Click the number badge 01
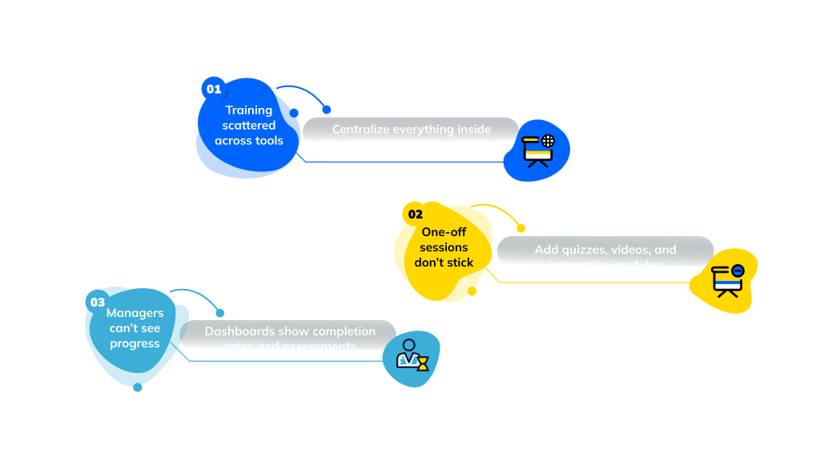click(x=214, y=89)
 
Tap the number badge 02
click(x=415, y=214)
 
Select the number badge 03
click(x=97, y=302)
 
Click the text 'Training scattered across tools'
click(x=248, y=126)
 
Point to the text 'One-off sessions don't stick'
click(x=444, y=247)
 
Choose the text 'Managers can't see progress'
click(x=135, y=328)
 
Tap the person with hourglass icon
click(x=412, y=358)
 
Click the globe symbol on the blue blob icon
click(x=548, y=142)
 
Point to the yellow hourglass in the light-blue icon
click(x=422, y=364)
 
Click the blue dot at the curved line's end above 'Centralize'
click(x=326, y=110)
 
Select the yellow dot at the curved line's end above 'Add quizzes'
click(x=520, y=228)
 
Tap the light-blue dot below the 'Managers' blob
click(x=138, y=387)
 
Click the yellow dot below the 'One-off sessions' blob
click(x=472, y=291)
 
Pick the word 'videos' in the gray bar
click(x=634, y=250)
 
